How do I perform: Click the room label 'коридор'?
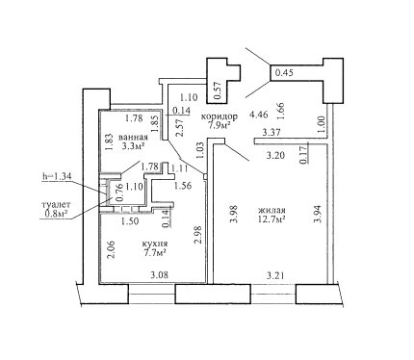(x=220, y=116)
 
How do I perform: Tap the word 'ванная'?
(x=133, y=138)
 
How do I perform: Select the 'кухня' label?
(x=155, y=244)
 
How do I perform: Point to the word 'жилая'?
(x=272, y=211)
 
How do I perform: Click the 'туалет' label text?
(x=56, y=204)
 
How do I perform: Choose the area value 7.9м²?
(x=220, y=125)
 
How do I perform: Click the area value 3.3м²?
(x=133, y=146)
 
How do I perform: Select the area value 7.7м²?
(x=155, y=252)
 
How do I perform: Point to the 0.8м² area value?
(x=56, y=214)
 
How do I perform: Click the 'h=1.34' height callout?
(x=56, y=176)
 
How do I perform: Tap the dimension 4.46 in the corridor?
(x=259, y=115)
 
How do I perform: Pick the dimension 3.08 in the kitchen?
(x=160, y=275)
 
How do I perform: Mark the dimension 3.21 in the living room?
(x=275, y=275)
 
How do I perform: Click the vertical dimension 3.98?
(x=234, y=215)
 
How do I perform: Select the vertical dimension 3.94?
(x=318, y=214)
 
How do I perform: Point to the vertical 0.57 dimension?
(x=218, y=90)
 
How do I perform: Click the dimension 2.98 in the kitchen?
(x=198, y=235)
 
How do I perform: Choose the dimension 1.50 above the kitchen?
(x=130, y=221)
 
